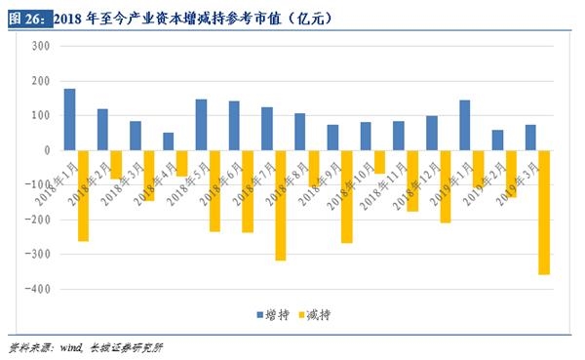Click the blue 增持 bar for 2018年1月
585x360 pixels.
tap(69, 119)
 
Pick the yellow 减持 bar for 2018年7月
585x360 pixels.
tap(280, 205)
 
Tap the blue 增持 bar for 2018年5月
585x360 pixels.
tap(201, 125)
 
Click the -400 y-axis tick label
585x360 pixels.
tap(38, 290)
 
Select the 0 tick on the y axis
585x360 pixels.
tap(46, 150)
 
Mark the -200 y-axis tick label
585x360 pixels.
tap(38, 220)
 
